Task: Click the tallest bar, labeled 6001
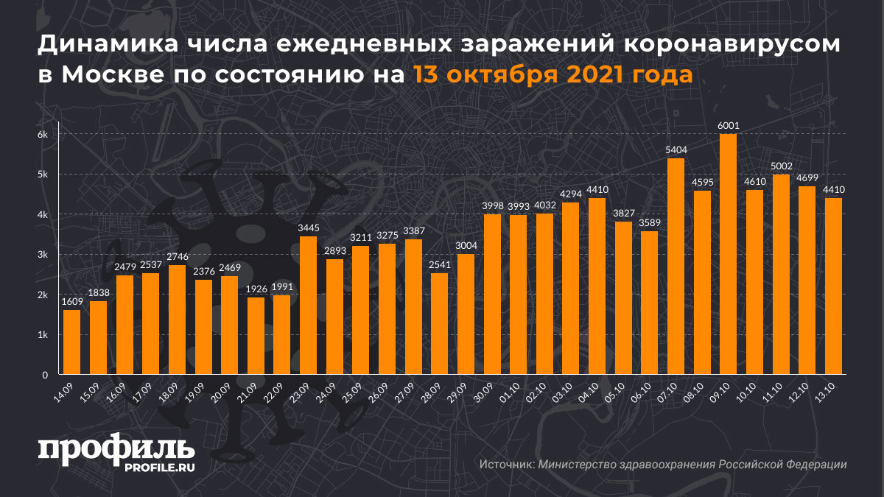coord(728,254)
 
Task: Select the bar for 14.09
coord(71,342)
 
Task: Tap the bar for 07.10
coord(676,267)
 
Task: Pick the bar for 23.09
coord(308,306)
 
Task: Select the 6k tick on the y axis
coord(43,135)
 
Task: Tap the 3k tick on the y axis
coord(43,255)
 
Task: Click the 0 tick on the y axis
coord(45,375)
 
